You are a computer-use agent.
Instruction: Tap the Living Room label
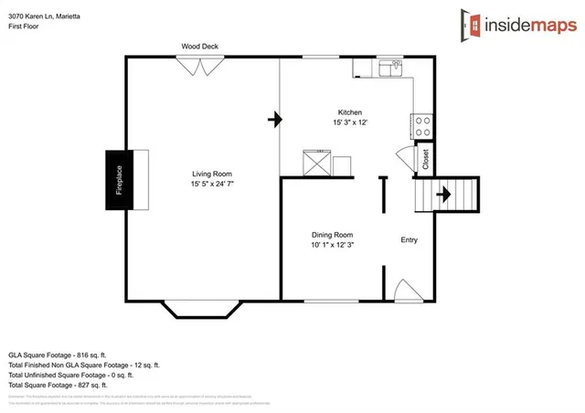pyautogui.click(x=211, y=174)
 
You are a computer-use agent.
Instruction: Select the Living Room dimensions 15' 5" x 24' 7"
pyautogui.click(x=211, y=185)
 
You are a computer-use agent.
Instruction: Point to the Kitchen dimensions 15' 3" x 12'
pyautogui.click(x=351, y=123)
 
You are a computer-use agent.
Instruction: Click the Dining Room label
pyautogui.click(x=332, y=235)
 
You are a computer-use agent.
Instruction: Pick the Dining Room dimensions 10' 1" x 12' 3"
pyautogui.click(x=332, y=245)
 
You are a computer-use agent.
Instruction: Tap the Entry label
pyautogui.click(x=409, y=240)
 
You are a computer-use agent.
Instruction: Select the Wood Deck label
pyautogui.click(x=198, y=46)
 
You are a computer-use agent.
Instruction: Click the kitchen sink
pyautogui.click(x=394, y=68)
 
